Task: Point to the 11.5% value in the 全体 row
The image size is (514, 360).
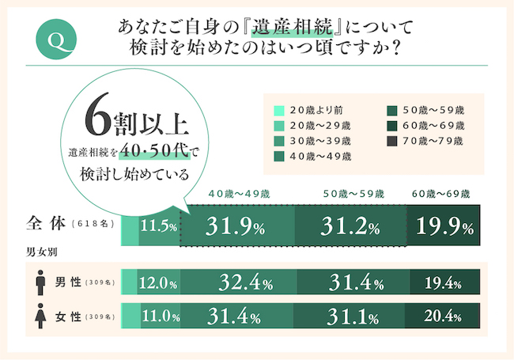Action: click(x=157, y=227)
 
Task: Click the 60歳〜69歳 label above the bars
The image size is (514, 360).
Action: click(x=442, y=193)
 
